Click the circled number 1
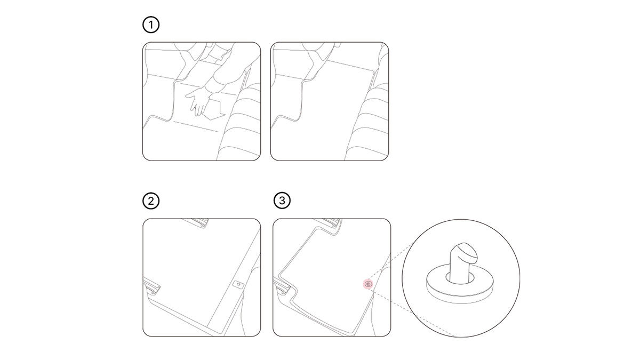click(151, 25)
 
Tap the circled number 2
click(151, 201)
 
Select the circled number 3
click(282, 201)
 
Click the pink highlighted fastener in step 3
click(368, 284)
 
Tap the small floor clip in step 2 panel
click(238, 284)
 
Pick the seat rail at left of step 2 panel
click(151, 286)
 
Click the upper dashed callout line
click(391, 261)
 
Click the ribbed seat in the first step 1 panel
click(240, 123)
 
